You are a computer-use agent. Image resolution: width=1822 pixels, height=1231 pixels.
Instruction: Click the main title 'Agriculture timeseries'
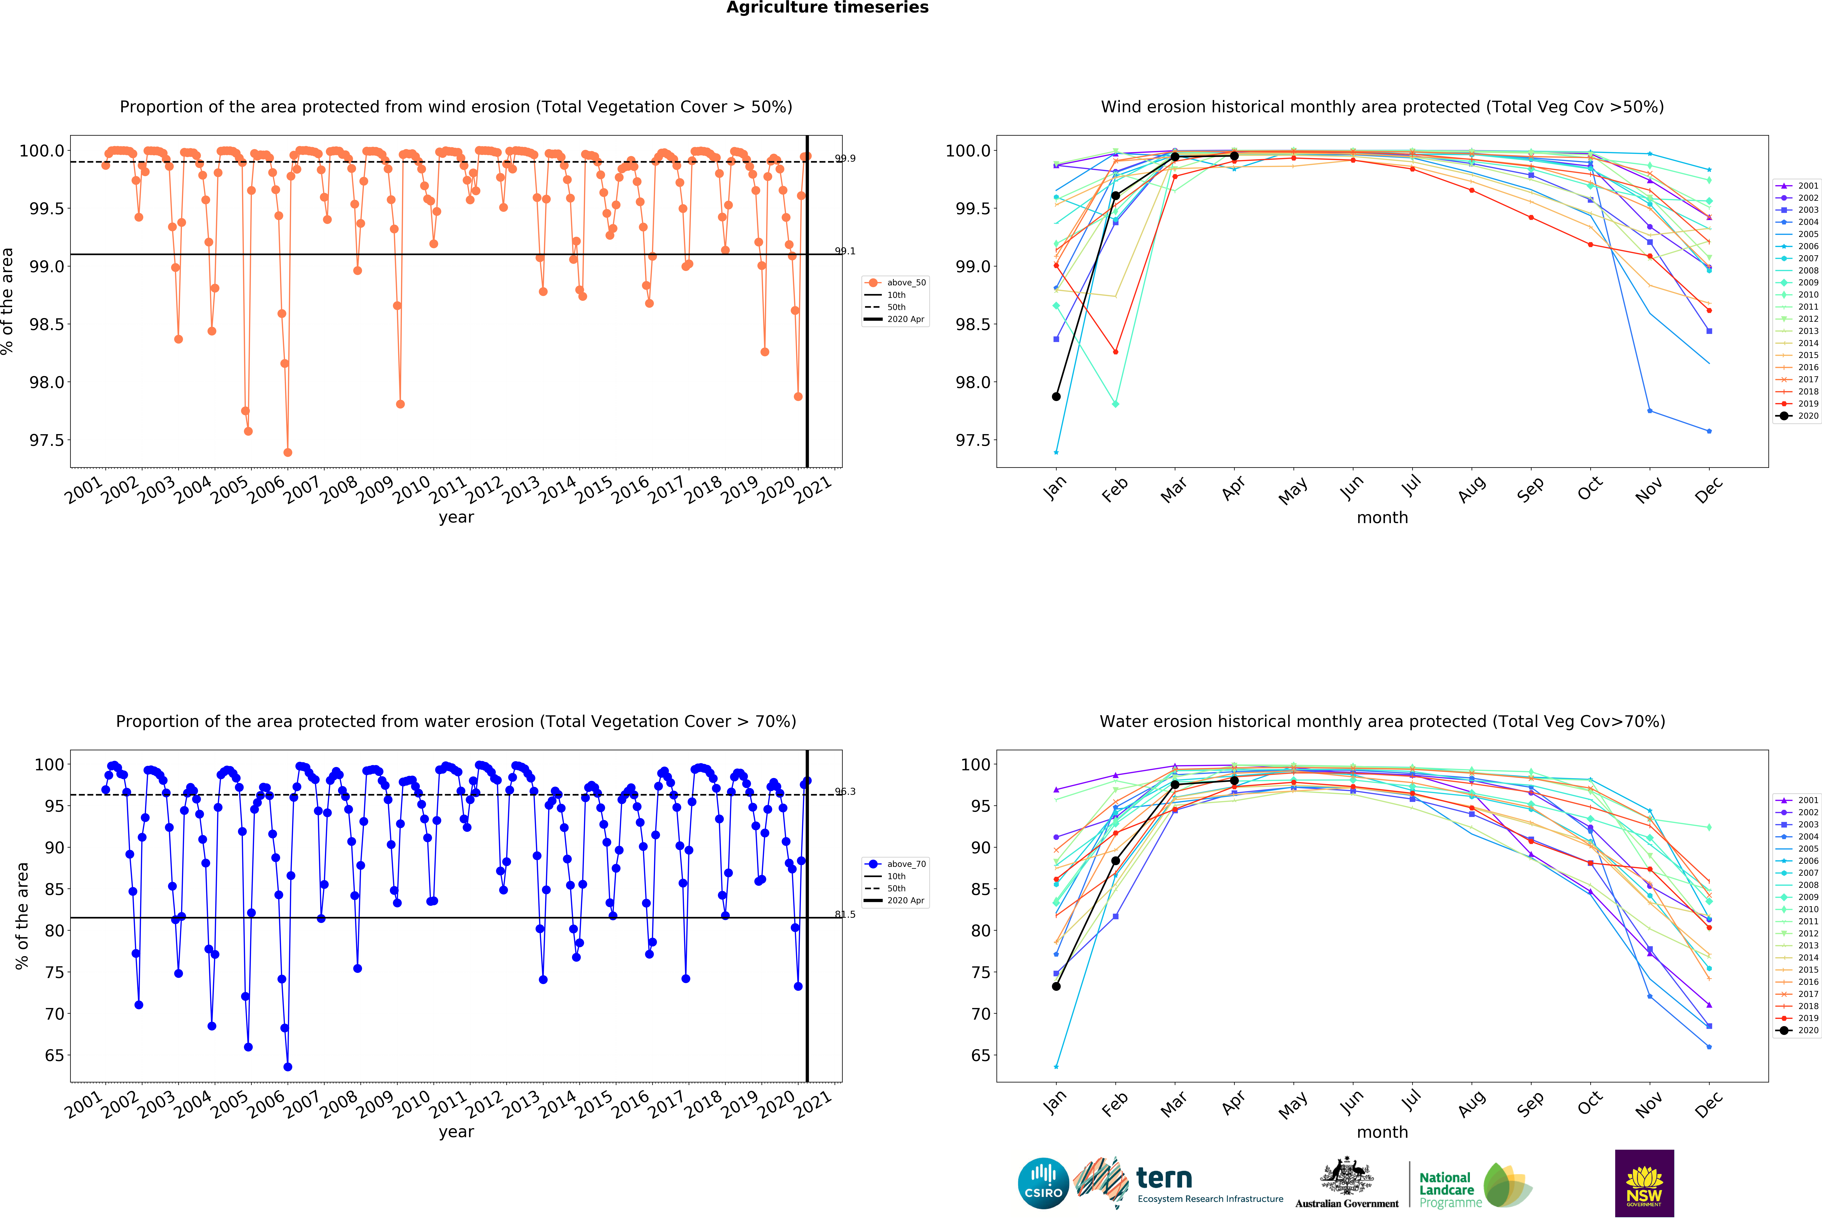[827, 8]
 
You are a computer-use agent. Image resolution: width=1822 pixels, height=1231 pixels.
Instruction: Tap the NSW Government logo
[1644, 1183]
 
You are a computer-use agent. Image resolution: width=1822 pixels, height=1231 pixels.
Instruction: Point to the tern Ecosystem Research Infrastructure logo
[1180, 1183]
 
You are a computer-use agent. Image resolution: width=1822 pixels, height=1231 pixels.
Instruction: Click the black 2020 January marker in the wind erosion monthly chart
[1056, 397]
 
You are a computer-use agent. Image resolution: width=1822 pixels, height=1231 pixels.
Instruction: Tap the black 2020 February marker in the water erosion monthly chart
[1116, 860]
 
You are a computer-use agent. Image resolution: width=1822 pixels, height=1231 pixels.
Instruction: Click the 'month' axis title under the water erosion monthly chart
[1382, 1132]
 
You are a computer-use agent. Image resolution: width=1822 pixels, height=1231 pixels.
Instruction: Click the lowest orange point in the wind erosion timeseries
[288, 452]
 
